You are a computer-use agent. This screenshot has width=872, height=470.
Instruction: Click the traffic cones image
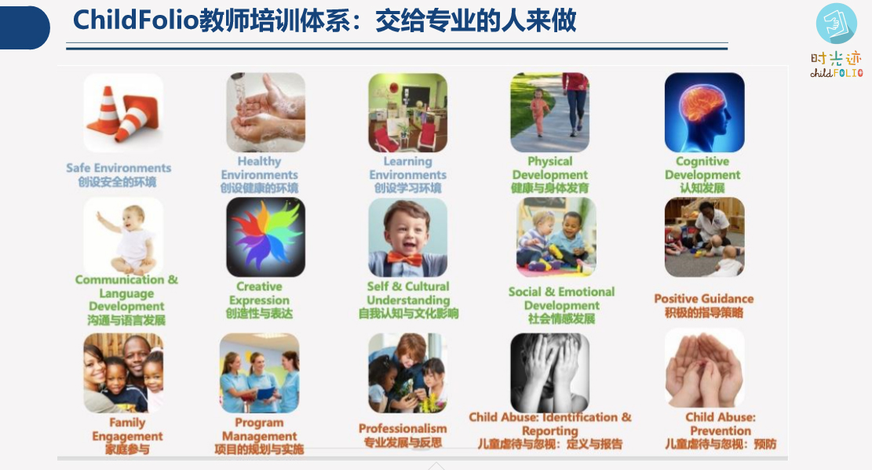click(x=123, y=113)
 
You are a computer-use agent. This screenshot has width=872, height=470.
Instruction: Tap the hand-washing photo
click(x=266, y=112)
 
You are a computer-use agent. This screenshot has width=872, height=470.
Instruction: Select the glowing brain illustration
click(x=705, y=112)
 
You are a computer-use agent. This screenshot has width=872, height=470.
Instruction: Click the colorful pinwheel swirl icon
click(x=266, y=238)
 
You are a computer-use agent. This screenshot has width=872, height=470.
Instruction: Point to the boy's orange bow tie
click(x=405, y=259)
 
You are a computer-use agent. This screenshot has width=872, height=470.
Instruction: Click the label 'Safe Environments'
click(x=119, y=168)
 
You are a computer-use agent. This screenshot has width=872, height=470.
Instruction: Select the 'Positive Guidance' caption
click(x=703, y=299)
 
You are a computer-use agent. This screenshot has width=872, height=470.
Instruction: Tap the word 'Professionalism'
click(x=403, y=429)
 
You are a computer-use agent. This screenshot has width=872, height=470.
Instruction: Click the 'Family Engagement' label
click(x=127, y=429)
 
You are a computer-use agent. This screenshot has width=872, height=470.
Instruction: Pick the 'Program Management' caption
click(x=259, y=429)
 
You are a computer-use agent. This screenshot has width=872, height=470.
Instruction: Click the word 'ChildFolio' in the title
click(x=136, y=21)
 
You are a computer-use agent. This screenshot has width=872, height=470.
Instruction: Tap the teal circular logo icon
click(x=837, y=24)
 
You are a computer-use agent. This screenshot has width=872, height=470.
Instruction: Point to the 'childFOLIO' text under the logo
click(x=837, y=73)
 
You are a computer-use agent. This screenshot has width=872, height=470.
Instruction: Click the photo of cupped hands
click(x=705, y=368)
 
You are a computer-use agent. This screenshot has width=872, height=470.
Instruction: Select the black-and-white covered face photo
click(x=550, y=373)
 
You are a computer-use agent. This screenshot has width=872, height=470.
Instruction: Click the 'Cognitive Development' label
click(x=702, y=168)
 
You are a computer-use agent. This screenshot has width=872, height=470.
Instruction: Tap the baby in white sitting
click(x=128, y=239)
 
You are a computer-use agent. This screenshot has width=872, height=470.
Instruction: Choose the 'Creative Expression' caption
click(x=259, y=293)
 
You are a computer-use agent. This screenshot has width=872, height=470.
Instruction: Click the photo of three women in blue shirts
click(x=259, y=373)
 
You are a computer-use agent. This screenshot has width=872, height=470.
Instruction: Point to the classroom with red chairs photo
click(x=407, y=113)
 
